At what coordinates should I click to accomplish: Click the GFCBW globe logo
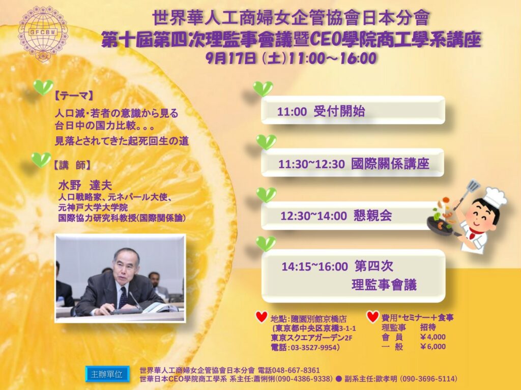43,33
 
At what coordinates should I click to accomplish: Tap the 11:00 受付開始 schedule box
353,110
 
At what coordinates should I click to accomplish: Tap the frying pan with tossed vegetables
440,223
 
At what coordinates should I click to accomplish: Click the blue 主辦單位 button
107,374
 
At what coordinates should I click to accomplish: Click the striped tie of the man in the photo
123,297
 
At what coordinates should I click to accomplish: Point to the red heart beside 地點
262,317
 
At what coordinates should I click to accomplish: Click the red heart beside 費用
373,317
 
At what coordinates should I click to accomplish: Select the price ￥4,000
432,337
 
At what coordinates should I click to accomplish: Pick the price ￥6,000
432,346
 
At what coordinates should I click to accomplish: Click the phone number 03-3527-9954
314,347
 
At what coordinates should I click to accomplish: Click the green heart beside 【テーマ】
43,87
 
